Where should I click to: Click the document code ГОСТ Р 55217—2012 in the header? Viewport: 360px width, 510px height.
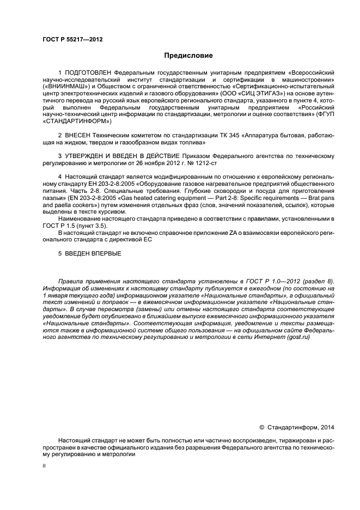[72, 39]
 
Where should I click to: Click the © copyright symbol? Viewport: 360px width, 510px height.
[261, 427]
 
